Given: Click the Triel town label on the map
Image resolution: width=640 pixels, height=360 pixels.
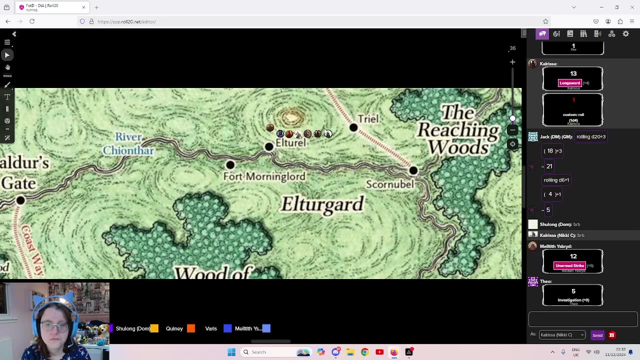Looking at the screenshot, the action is pyautogui.click(x=368, y=119).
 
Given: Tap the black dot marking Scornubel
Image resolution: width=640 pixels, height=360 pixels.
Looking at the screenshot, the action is pyautogui.click(x=413, y=170).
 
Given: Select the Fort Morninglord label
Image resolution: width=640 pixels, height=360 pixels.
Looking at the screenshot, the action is pyautogui.click(x=264, y=176).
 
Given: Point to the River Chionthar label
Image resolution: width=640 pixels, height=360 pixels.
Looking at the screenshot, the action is pyautogui.click(x=128, y=143).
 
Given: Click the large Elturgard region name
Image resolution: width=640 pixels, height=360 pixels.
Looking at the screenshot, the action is pyautogui.click(x=322, y=204).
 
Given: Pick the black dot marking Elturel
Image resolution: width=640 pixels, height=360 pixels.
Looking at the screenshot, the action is pyautogui.click(x=269, y=146).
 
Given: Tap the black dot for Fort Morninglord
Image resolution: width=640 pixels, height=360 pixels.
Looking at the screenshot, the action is pyautogui.click(x=230, y=164).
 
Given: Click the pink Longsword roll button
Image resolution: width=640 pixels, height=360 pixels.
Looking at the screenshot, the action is pyautogui.click(x=569, y=83).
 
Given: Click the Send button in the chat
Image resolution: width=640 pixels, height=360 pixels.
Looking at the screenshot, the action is pyautogui.click(x=597, y=335).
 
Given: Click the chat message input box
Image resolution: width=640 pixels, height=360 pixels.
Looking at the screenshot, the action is pyautogui.click(x=582, y=319).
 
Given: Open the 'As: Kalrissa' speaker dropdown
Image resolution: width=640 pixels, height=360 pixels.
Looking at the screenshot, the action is pyautogui.click(x=562, y=334).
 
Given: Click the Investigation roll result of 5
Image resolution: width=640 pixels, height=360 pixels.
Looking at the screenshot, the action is pyautogui.click(x=573, y=291).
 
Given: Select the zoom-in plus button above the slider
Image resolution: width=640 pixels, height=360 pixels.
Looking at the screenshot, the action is pyautogui.click(x=512, y=62).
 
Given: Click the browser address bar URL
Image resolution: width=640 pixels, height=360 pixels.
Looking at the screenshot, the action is pyautogui.click(x=127, y=21).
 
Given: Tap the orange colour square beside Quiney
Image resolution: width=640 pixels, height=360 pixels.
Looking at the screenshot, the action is pyautogui.click(x=191, y=328).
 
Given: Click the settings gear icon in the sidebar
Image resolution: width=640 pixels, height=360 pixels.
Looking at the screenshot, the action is pyautogui.click(x=625, y=33).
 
